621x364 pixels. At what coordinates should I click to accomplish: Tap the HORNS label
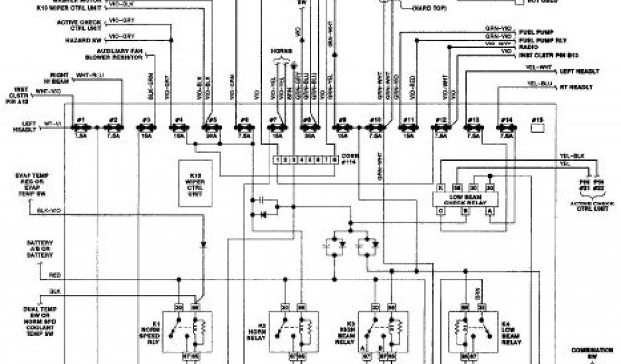click(282, 49)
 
